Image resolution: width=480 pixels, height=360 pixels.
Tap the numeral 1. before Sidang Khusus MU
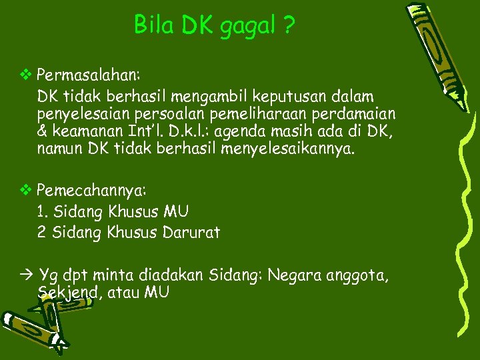click(43, 212)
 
